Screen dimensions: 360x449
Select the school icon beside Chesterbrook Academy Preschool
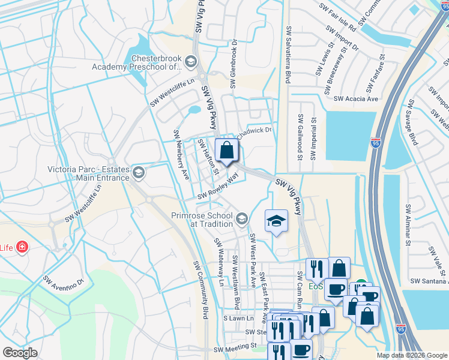pyautogui.click(x=190, y=61)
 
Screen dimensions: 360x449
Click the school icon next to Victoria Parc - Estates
pyautogui.click(x=139, y=173)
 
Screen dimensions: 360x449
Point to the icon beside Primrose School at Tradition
pyautogui.click(x=242, y=219)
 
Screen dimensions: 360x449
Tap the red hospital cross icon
pyautogui.click(x=22, y=247)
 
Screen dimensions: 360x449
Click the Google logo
pyautogui.click(x=20, y=353)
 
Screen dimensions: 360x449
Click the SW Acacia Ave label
pyautogui.click(x=356, y=98)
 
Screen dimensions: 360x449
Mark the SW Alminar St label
pyautogui.click(x=408, y=225)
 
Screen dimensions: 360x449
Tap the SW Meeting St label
pyautogui.click(x=236, y=346)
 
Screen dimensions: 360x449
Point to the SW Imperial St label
pyautogui.click(x=313, y=139)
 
